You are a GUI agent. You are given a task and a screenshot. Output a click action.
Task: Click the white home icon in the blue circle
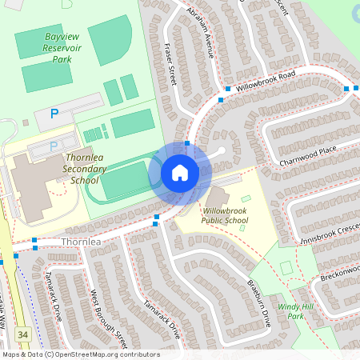point(179,173)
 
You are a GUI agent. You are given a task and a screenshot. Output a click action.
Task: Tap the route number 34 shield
point(23,333)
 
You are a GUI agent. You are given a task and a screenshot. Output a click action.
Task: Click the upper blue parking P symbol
point(54,114)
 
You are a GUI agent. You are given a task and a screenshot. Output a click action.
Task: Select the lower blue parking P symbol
point(54,146)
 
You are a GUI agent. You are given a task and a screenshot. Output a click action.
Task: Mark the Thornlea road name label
point(79,241)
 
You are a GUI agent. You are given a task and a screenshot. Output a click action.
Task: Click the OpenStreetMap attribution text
point(80,354)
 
